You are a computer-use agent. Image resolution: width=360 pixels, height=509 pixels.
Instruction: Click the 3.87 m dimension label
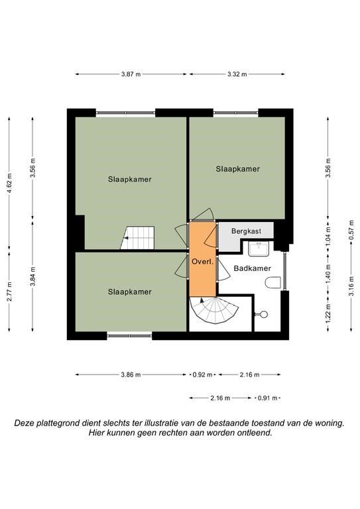(x=131, y=74)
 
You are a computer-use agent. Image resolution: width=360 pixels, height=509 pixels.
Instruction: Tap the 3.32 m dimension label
(x=237, y=74)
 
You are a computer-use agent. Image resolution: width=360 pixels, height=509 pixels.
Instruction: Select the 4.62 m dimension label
(x=9, y=184)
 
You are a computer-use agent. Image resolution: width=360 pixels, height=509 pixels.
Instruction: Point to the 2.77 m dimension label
(x=9, y=292)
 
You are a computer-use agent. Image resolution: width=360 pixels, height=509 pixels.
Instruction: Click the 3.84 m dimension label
(x=32, y=276)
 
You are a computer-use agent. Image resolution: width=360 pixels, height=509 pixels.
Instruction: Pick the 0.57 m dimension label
(x=351, y=230)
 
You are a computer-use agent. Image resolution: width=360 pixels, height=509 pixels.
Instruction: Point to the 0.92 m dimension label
(x=203, y=375)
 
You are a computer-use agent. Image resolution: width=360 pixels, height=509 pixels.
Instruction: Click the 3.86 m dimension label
(x=131, y=375)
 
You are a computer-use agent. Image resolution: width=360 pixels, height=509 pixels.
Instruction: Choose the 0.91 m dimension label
(x=267, y=398)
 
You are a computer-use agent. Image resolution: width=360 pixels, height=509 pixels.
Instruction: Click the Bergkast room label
(x=246, y=231)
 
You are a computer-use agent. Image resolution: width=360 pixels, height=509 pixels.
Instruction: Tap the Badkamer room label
(x=252, y=268)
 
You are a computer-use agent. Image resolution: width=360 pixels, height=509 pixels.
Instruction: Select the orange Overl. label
(x=203, y=262)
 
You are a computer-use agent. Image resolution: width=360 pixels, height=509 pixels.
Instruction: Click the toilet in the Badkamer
(x=273, y=282)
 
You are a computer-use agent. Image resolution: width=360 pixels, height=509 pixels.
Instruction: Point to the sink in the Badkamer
(x=259, y=249)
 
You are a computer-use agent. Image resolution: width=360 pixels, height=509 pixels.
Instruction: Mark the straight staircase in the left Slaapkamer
(x=138, y=238)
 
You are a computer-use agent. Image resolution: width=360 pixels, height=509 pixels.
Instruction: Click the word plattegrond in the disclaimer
(x=58, y=424)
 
